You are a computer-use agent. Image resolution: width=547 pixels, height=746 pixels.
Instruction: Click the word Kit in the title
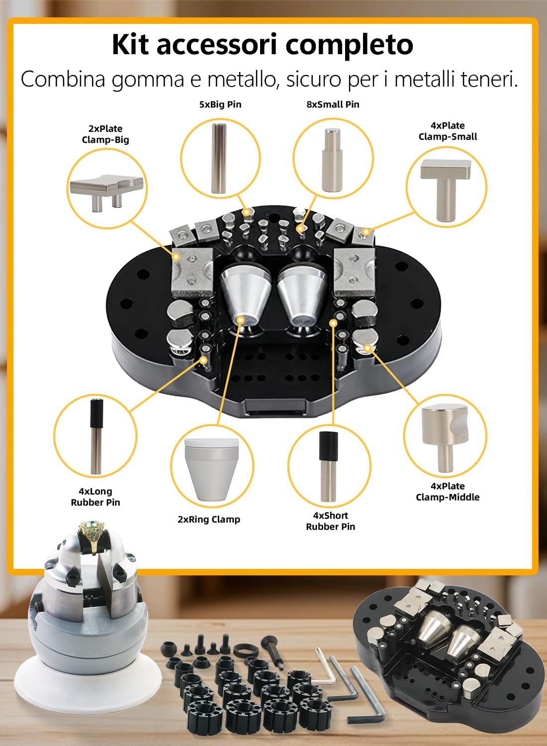(130, 44)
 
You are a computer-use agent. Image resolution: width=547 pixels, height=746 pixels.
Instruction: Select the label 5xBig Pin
(220, 104)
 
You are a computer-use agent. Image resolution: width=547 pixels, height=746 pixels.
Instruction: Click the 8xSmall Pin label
(333, 104)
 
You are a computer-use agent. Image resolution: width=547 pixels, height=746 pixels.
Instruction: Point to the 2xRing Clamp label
(209, 519)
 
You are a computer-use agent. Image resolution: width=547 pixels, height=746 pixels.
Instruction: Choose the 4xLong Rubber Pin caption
(95, 496)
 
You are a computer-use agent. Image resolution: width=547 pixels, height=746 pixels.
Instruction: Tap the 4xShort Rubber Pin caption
(331, 521)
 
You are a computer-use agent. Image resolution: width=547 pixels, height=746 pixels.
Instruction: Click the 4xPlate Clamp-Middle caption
(448, 491)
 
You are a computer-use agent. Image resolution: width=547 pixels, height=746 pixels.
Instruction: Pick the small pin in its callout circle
(332, 160)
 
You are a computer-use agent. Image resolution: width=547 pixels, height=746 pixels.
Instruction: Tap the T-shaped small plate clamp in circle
(446, 189)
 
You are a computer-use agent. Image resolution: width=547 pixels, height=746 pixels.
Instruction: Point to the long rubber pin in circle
(96, 437)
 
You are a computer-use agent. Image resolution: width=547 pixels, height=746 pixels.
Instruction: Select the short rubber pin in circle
(328, 466)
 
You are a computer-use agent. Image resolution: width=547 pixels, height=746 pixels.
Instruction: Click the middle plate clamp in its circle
(445, 439)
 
